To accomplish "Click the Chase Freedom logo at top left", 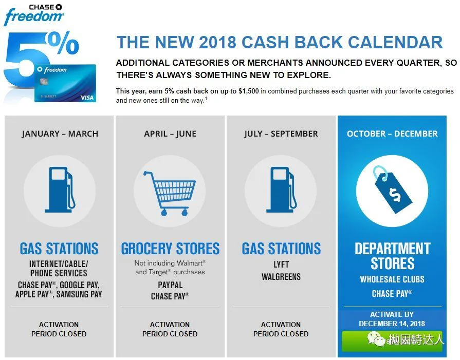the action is click(x=33, y=15).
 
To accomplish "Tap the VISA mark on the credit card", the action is click(x=87, y=98).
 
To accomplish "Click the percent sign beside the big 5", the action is click(x=64, y=43).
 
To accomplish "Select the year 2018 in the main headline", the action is click(x=217, y=42).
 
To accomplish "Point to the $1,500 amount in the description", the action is click(x=248, y=91).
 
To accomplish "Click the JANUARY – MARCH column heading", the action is click(x=60, y=134).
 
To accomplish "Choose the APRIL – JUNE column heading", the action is click(x=170, y=134).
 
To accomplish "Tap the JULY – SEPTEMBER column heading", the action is click(x=281, y=134).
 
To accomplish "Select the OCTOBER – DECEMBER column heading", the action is click(x=392, y=134).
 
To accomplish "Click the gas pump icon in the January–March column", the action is click(x=60, y=190).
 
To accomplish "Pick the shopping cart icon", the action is click(x=170, y=194).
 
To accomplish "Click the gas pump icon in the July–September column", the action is click(x=281, y=190).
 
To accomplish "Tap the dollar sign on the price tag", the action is click(x=395, y=195).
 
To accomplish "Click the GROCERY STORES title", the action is click(x=170, y=249).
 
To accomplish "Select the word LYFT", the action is click(x=281, y=264).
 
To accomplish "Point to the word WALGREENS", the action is click(x=281, y=277).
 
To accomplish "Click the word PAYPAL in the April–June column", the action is click(x=170, y=285).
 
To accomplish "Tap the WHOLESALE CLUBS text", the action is click(x=392, y=279).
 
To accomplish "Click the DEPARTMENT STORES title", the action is click(x=392, y=256).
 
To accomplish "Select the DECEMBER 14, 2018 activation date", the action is click(x=392, y=324).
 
